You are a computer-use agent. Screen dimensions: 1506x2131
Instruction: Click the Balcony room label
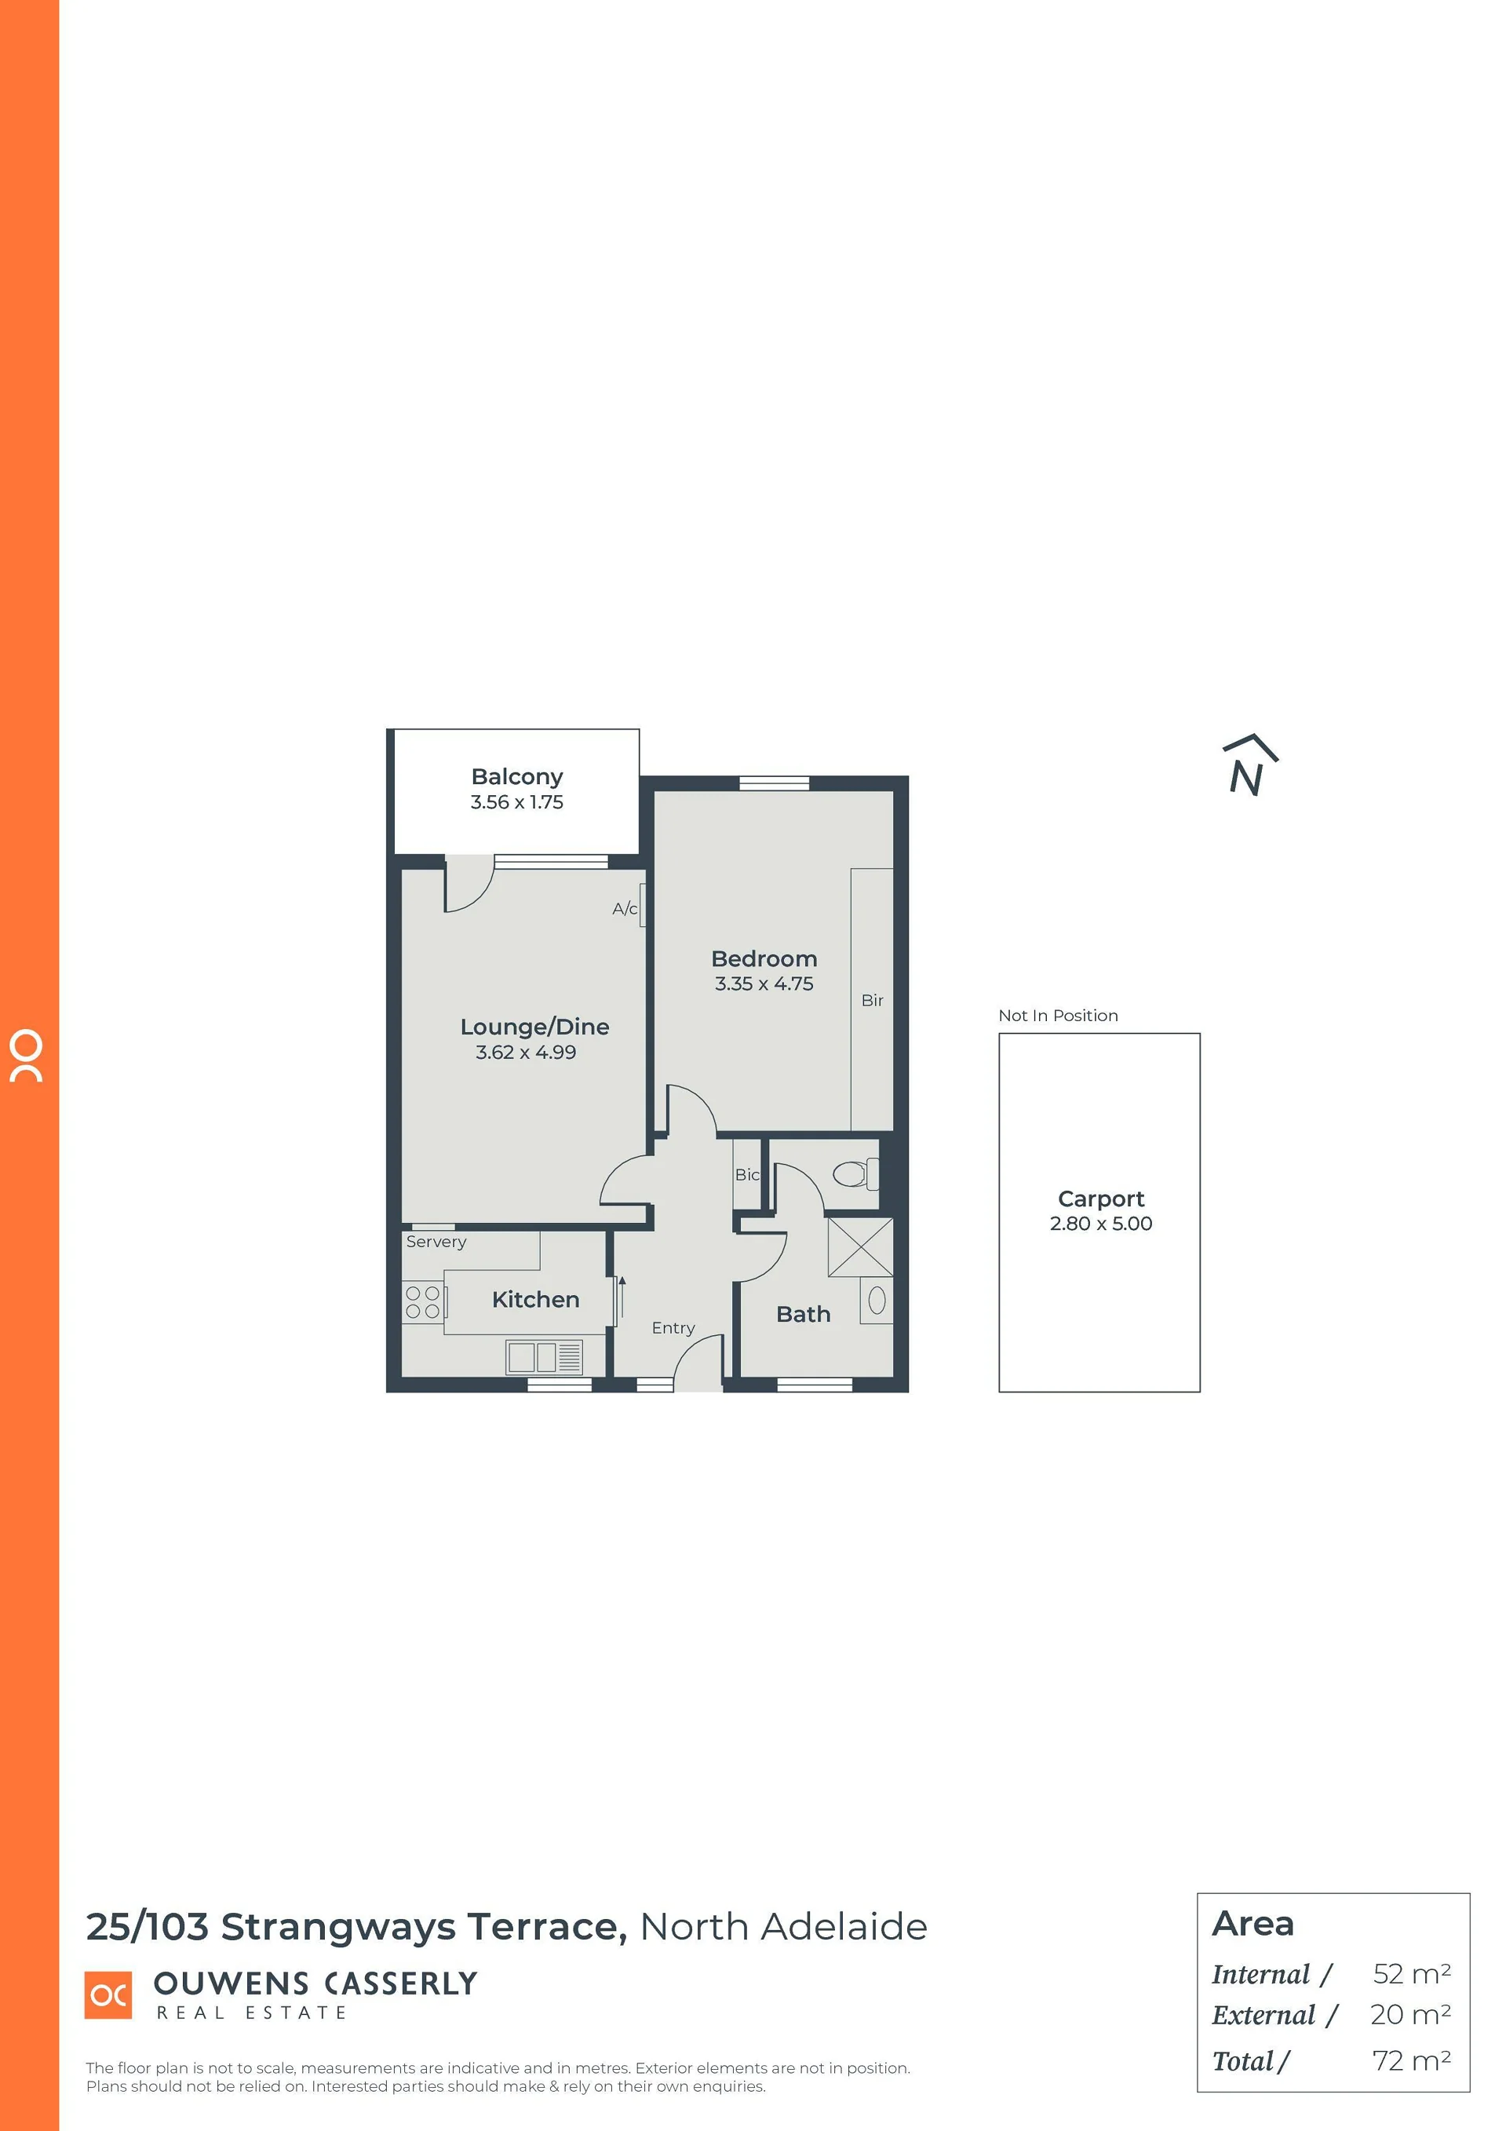click(517, 776)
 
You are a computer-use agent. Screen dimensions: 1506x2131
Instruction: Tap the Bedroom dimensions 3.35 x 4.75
click(764, 983)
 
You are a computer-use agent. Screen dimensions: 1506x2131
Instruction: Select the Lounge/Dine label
click(534, 1027)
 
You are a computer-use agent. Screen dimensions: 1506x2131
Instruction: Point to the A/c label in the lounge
click(625, 909)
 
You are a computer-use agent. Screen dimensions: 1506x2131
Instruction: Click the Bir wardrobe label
click(872, 1001)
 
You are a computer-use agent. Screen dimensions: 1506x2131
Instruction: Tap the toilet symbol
click(855, 1173)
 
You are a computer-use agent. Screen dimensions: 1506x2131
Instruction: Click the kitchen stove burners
click(422, 1301)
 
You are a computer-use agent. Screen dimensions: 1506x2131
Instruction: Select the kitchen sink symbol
click(544, 1357)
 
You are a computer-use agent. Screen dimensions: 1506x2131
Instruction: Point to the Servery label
click(436, 1242)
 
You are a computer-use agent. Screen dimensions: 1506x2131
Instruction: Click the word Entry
click(673, 1328)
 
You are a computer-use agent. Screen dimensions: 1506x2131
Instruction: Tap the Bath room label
click(804, 1314)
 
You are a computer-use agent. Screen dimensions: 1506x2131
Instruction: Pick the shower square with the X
click(860, 1247)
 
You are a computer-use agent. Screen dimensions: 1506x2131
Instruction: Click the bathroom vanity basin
click(877, 1301)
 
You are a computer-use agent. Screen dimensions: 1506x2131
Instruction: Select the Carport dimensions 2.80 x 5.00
click(1100, 1224)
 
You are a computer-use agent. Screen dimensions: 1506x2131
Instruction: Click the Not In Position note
click(1058, 1016)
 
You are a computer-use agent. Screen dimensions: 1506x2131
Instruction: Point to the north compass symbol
click(1249, 767)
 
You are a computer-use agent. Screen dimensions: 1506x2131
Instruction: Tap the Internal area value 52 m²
click(1411, 1974)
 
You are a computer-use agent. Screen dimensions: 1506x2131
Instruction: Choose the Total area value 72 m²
click(1411, 2060)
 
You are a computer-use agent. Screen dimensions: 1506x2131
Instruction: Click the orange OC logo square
click(108, 1994)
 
